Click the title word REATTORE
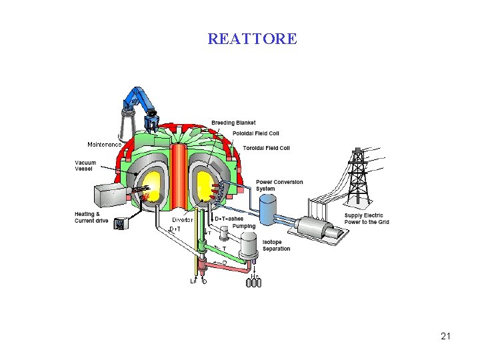tap(252, 39)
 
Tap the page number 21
tap(446, 336)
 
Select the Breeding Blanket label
tap(233, 123)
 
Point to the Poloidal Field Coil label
tap(256, 133)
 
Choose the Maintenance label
tap(104, 145)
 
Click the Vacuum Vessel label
tap(85, 166)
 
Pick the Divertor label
tap(183, 220)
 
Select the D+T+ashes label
tap(229, 219)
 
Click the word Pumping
tap(244, 227)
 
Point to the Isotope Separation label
tap(276, 245)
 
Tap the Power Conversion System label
tap(279, 185)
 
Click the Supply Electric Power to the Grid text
tap(367, 219)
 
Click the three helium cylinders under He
tap(254, 283)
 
